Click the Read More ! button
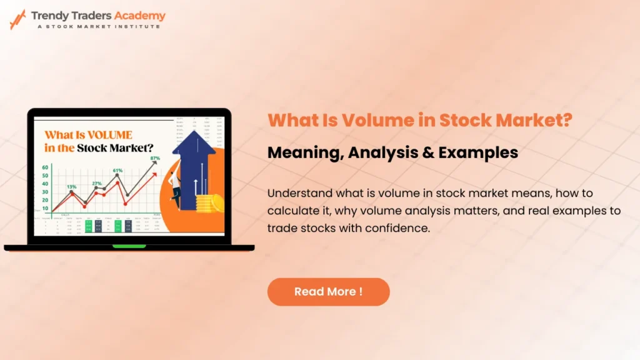click(328, 292)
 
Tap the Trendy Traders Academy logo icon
click(17, 19)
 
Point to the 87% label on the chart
click(155, 159)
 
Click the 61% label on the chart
click(117, 170)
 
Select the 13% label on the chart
click(72, 186)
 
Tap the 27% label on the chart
click(97, 183)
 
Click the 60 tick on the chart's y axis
click(45, 167)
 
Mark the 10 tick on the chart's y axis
click(45, 208)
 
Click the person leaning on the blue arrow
click(177, 184)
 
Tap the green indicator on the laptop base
click(129, 246)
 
